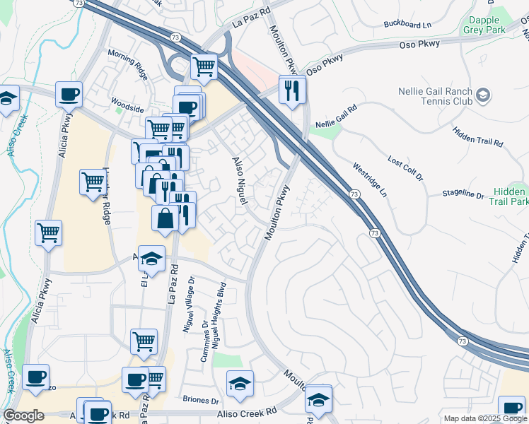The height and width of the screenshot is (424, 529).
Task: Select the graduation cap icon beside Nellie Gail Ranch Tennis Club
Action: tap(483, 95)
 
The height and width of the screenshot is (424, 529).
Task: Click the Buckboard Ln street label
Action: tap(407, 24)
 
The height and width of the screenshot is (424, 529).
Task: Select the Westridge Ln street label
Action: tap(370, 179)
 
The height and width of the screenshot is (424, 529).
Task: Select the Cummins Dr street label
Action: tap(204, 344)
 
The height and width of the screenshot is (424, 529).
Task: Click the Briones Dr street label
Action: tap(200, 401)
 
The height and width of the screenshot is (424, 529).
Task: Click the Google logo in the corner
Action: tap(23, 416)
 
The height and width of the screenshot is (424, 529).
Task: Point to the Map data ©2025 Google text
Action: tap(484, 418)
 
